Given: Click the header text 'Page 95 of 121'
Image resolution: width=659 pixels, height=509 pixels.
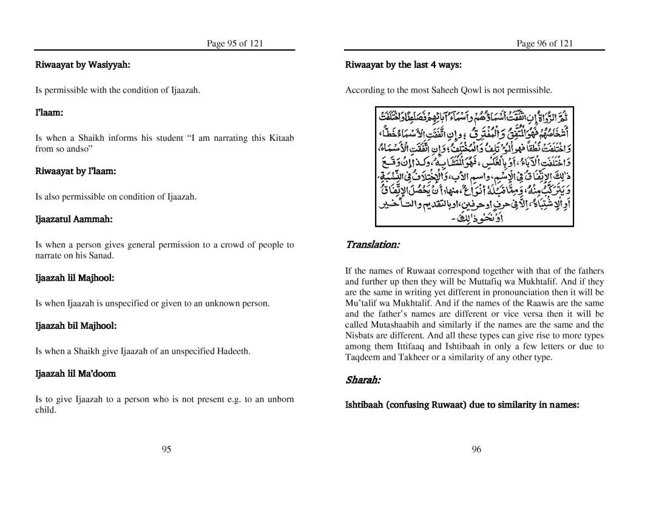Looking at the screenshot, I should (x=235, y=43).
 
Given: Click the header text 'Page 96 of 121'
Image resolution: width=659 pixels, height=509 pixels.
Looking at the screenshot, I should (x=544, y=43).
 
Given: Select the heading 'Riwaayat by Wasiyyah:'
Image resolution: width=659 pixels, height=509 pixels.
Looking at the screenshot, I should (x=83, y=64).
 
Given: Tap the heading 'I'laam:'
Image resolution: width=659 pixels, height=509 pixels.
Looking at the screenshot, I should (x=49, y=113).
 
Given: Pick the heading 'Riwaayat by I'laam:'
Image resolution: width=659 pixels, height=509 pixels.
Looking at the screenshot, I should (x=75, y=171).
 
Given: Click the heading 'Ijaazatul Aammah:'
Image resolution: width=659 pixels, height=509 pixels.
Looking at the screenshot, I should (x=74, y=219).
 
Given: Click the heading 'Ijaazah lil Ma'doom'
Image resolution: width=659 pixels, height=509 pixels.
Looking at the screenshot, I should (x=75, y=374).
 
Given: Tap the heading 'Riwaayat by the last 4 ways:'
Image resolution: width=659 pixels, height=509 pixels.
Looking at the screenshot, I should (x=404, y=64).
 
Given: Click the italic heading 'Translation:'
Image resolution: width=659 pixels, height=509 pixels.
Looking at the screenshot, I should (x=372, y=244).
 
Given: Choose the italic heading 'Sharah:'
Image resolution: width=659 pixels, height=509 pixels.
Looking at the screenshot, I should (x=363, y=380).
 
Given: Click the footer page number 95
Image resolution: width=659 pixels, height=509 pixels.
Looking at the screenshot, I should (x=166, y=449).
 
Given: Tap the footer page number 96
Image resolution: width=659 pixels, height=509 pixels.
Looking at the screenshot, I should (x=476, y=449).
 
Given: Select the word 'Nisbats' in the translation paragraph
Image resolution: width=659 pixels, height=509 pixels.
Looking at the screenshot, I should (x=360, y=335).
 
